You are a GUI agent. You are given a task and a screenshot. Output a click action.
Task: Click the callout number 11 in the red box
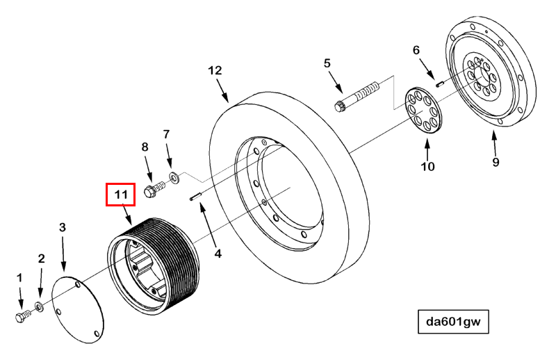121,195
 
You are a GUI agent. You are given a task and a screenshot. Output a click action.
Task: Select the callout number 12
215,71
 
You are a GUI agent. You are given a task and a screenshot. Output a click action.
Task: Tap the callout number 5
327,64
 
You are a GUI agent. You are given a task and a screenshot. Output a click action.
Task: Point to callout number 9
496,163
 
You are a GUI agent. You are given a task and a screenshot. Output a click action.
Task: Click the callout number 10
427,166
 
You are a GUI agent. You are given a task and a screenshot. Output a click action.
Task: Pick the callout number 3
63,227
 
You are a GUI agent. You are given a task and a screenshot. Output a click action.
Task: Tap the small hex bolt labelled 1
21,316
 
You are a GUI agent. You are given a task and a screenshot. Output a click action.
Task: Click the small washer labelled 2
40,306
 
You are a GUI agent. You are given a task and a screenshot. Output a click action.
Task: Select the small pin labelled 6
439,83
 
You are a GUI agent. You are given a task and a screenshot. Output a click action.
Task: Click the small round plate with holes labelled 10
425,109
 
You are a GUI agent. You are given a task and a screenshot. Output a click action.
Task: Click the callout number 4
218,254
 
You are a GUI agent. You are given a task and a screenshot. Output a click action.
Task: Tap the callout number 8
145,147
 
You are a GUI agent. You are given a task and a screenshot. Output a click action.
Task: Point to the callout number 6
417,51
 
